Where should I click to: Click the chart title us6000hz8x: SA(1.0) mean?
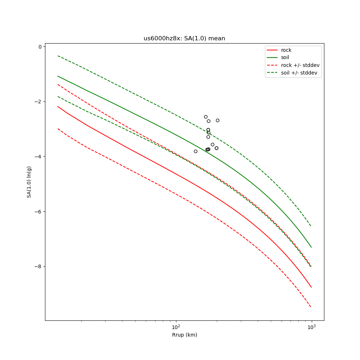(x=184, y=39)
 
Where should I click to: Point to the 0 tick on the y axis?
(x=40, y=47)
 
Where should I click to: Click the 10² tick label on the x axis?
(x=176, y=327)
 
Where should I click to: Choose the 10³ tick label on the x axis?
(x=311, y=327)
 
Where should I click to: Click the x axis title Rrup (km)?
(x=184, y=335)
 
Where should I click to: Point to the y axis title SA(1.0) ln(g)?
(x=29, y=182)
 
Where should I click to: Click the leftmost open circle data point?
(x=195, y=151)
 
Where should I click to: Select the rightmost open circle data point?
(x=217, y=120)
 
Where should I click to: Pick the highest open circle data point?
(x=206, y=117)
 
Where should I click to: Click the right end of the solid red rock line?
(x=311, y=287)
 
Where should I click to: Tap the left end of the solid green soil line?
(x=58, y=76)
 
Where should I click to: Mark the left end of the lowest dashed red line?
(x=58, y=129)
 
